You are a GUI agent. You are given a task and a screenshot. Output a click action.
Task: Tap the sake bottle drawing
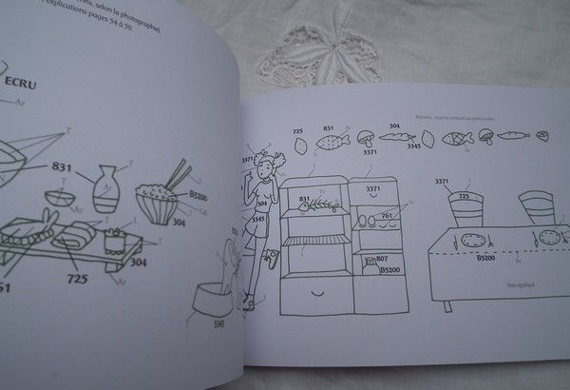(106, 188)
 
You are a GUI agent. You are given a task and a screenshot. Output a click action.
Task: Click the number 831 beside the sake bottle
(62, 167)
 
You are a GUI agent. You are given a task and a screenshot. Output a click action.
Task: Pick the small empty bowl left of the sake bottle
(61, 201)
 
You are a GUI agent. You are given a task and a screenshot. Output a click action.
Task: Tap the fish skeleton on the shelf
(320, 203)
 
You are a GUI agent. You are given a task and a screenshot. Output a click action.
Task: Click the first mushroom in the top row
(366, 137)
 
